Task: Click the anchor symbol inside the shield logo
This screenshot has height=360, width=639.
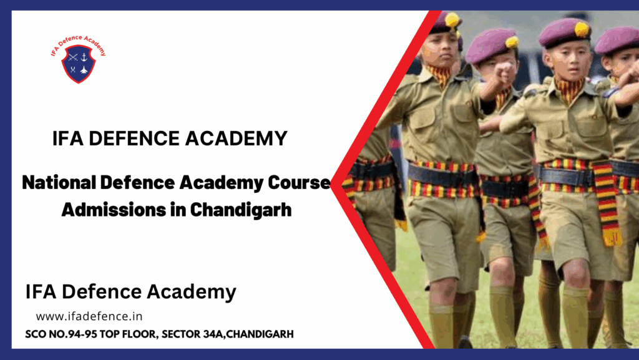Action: click(84, 57)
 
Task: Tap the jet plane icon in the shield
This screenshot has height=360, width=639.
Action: click(84, 70)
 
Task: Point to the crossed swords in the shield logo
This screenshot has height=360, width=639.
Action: click(73, 57)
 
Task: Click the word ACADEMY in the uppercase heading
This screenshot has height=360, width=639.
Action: click(237, 139)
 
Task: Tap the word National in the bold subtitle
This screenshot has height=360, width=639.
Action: click(59, 182)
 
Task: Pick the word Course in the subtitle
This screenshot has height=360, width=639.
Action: click(299, 182)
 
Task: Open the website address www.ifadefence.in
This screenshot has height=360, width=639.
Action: click(89, 316)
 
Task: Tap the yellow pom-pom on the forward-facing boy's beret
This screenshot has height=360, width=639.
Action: click(582, 29)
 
